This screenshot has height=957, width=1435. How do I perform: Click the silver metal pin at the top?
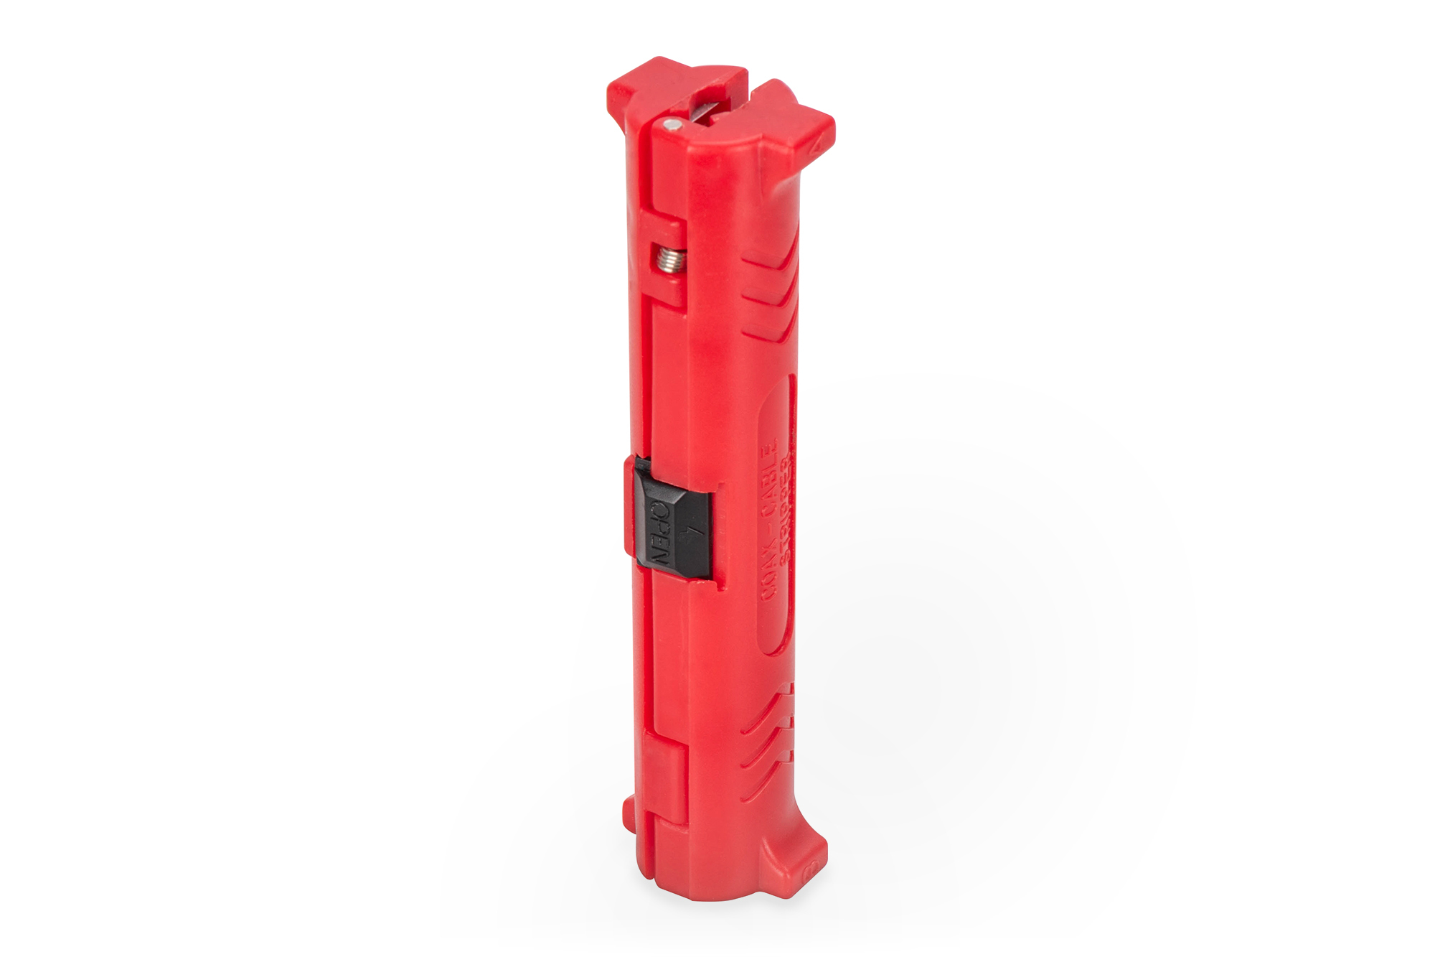(672, 125)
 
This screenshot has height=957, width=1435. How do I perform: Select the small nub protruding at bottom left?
(629, 811)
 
